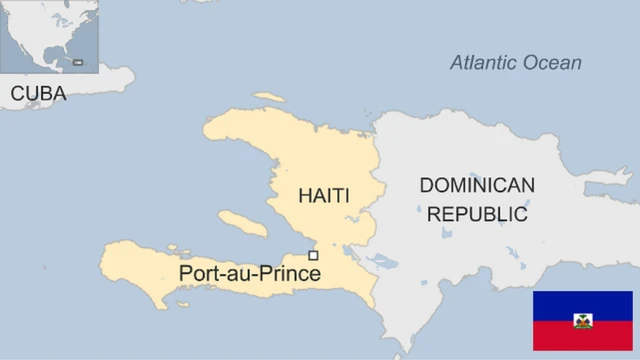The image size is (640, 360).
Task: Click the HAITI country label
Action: [x=323, y=195]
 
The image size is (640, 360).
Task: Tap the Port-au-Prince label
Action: [x=249, y=272]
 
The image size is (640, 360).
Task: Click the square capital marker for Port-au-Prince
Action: [x=313, y=256]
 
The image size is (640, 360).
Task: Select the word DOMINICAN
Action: [x=476, y=185]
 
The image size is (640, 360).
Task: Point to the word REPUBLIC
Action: [x=476, y=213]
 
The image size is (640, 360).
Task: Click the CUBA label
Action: [x=38, y=94]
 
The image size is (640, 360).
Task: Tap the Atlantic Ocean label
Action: [x=514, y=63]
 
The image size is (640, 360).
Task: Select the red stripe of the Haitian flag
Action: [x=582, y=338]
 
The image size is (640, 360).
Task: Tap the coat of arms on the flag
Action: [x=582, y=321]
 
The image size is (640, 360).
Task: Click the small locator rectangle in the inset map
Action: [x=78, y=62]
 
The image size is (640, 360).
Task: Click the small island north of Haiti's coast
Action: [x=267, y=97]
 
